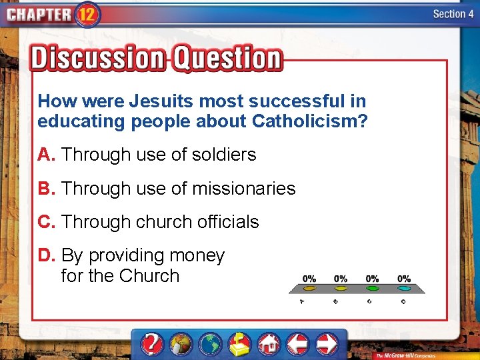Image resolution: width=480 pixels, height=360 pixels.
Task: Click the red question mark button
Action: [153, 344]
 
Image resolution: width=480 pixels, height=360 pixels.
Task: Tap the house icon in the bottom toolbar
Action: [268, 344]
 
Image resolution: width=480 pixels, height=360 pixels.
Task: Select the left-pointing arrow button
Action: [297, 344]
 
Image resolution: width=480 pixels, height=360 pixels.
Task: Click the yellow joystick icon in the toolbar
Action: [239, 344]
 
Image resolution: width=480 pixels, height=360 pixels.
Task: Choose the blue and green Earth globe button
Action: [210, 344]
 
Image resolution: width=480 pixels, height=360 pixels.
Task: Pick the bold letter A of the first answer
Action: [45, 155]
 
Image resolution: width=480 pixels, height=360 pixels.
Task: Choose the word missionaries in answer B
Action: [243, 189]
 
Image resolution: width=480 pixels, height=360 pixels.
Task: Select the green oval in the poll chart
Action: [372, 289]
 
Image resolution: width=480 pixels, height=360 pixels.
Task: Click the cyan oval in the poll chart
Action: [404, 289]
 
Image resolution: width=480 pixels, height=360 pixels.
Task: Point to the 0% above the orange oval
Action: [309, 278]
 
